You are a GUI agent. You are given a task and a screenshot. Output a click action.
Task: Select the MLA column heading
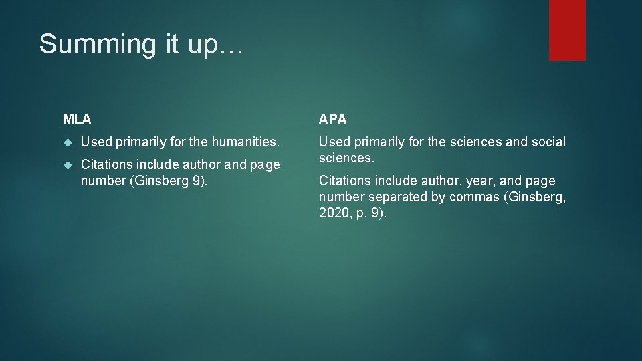tap(77, 120)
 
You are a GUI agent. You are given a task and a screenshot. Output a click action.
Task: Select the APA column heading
tap(332, 120)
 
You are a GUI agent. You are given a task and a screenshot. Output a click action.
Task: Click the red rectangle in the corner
tap(567, 30)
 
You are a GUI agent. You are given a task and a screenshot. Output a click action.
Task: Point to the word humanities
tap(245, 142)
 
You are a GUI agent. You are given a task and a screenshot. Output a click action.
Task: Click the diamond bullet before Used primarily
tap(67, 142)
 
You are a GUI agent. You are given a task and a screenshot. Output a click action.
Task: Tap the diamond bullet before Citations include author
tap(67, 165)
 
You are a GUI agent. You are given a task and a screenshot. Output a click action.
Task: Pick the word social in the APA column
tap(548, 142)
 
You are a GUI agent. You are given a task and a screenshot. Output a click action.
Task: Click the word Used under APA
tap(333, 142)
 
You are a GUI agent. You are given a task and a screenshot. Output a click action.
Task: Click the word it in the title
tap(169, 45)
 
